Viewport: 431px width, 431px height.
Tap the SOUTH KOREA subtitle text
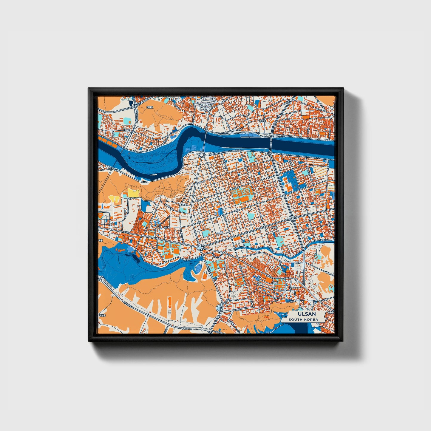coord(303,320)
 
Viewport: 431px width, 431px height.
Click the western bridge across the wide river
coord(206,140)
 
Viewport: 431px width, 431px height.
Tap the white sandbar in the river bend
coord(154,175)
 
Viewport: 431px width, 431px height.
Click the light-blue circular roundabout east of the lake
coord(199,248)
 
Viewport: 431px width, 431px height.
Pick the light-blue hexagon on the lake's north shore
coord(130,248)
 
